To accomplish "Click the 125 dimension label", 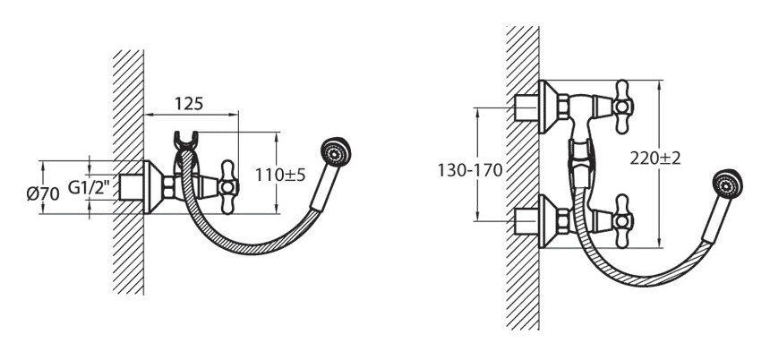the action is point(189,104).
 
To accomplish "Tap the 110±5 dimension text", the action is point(280,175).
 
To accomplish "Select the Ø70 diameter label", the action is point(43,194).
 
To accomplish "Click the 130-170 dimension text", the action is point(470,170).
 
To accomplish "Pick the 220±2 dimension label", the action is point(655,159).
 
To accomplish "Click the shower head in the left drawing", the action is point(336,152).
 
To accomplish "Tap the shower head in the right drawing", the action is point(727,184).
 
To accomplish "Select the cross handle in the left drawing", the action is point(227,187).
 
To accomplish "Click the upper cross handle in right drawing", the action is point(622,107).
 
